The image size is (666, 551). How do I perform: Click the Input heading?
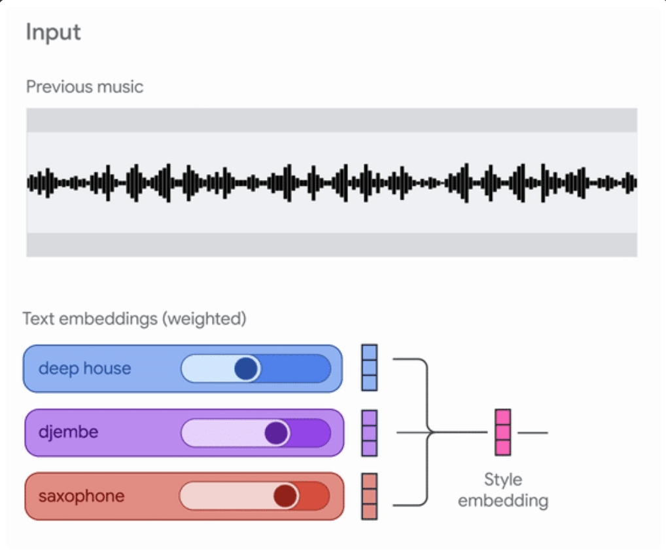[53, 33]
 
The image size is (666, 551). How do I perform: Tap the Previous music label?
[84, 86]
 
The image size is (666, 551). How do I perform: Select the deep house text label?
[84, 368]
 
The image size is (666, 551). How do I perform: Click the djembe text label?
[68, 432]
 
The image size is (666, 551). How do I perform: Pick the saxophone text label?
[81, 495]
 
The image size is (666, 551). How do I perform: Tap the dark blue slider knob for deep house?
[247, 369]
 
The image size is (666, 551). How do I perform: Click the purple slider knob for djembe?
[277, 433]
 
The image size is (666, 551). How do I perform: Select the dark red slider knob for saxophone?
[285, 496]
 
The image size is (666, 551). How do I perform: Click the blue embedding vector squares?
[370, 367]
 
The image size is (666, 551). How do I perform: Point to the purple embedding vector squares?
[370, 433]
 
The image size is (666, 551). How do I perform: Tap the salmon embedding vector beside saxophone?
[370, 497]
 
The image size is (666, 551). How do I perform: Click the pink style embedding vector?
[502, 432]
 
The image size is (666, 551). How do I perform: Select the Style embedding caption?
[502, 490]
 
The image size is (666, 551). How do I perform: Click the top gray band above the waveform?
[332, 120]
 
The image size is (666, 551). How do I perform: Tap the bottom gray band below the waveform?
[332, 245]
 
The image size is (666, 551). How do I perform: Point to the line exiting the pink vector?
[533, 433]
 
